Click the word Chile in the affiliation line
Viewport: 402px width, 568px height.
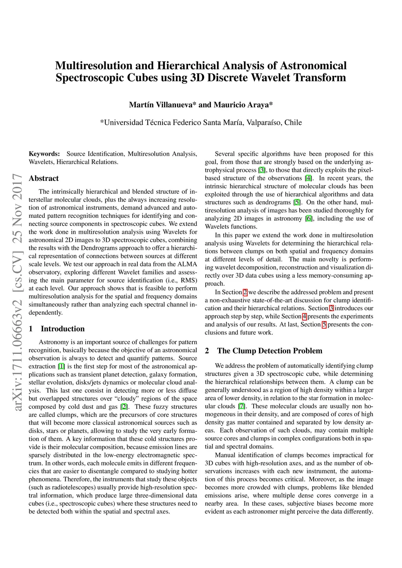(293, 122)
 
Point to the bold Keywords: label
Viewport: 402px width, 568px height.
(44, 154)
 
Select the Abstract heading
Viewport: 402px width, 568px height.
(44, 178)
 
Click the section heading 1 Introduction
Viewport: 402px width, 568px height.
(57, 329)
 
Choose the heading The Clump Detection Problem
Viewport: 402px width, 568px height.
(269, 351)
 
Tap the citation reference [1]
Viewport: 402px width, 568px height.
(61, 366)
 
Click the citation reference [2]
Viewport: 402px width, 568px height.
(124, 407)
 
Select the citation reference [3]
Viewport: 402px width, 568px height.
(262, 170)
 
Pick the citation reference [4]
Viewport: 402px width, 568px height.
(309, 178)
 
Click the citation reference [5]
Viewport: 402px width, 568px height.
(297, 202)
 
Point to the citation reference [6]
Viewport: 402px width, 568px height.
(309, 218)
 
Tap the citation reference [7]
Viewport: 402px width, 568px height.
(241, 406)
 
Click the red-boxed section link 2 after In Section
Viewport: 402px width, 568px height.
(245, 292)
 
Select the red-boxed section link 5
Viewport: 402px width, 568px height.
(324, 324)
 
